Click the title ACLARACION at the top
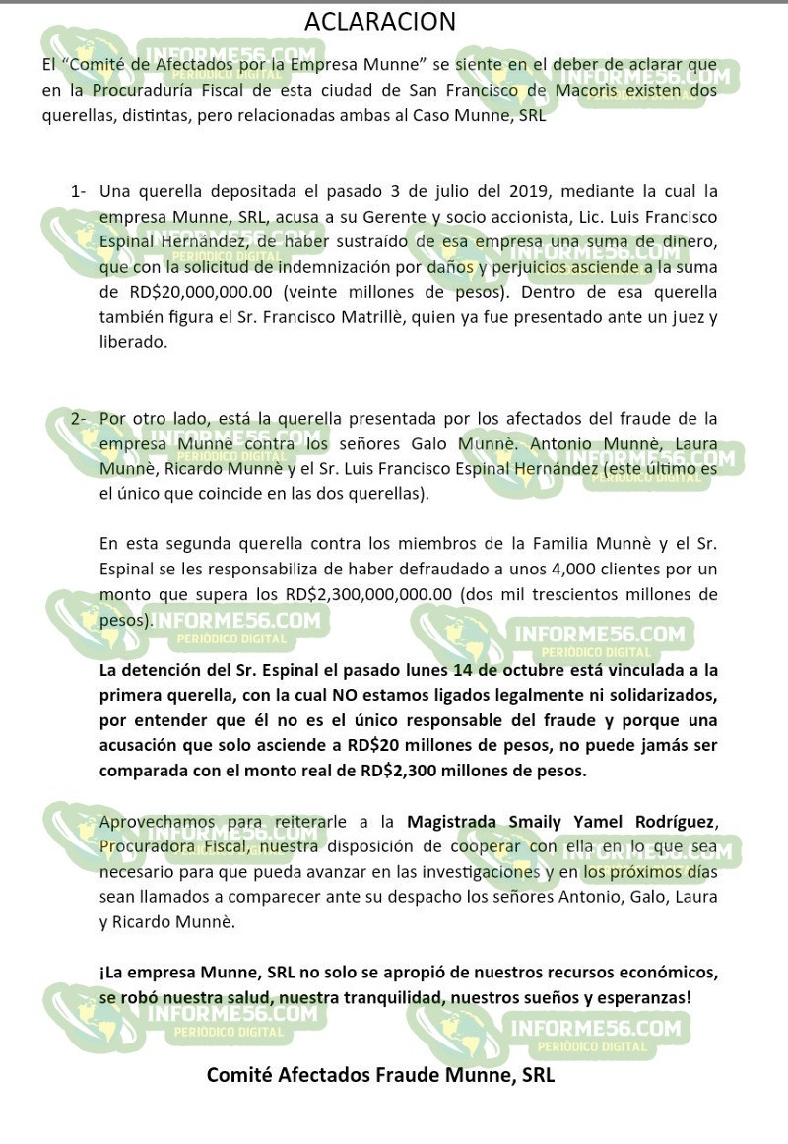380,22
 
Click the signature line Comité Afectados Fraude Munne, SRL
380,1075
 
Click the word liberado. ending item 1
134,343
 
